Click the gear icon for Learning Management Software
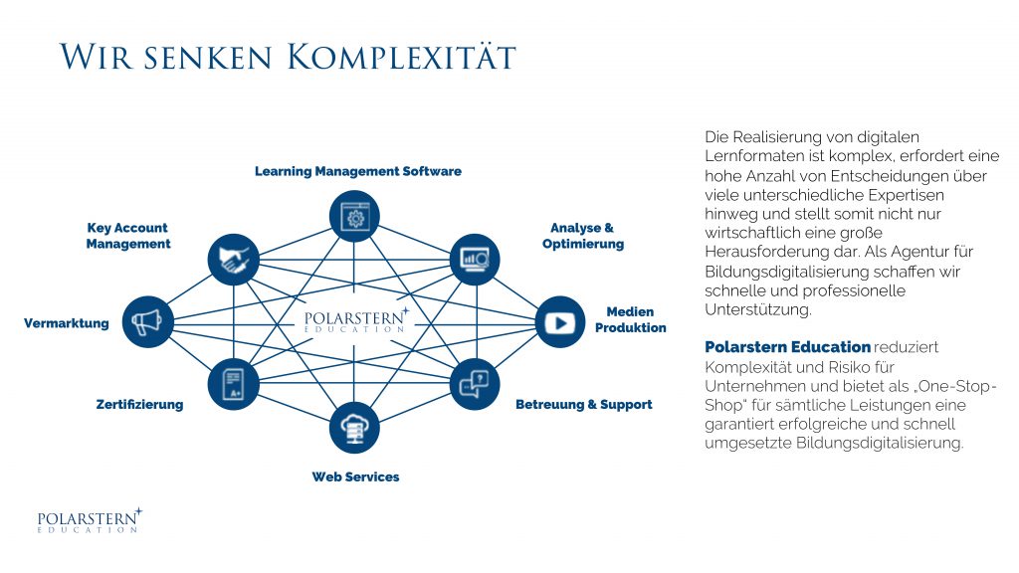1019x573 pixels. click(354, 216)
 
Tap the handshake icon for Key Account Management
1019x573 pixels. click(233, 261)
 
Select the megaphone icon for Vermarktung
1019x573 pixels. click(148, 321)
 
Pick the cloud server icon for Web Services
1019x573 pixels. click(354, 428)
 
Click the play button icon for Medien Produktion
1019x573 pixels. click(560, 322)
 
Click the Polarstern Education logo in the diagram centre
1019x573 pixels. click(355, 320)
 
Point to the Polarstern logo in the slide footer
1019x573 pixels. click(89, 520)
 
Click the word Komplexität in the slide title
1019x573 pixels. click(402, 56)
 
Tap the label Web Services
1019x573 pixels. click(355, 477)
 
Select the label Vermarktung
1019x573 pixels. click(67, 323)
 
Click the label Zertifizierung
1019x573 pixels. click(139, 405)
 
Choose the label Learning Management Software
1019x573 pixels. click(358, 171)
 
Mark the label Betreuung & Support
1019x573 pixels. click(583, 405)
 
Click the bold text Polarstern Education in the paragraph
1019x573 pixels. click(787, 347)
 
